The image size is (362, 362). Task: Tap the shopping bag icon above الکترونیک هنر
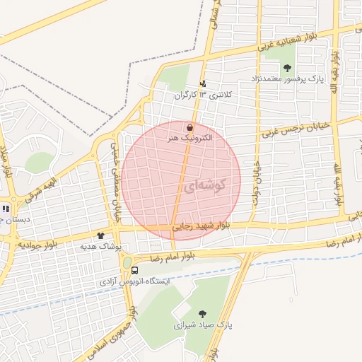pyautogui.click(x=189, y=127)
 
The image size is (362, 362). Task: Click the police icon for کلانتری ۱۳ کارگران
pyautogui.click(x=203, y=84)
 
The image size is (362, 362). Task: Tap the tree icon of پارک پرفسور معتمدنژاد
pyautogui.click(x=287, y=68)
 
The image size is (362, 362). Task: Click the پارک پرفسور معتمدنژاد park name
pyautogui.click(x=287, y=78)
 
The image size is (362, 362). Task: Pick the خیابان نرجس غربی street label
pyautogui.click(x=296, y=127)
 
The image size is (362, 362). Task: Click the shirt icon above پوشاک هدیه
pyautogui.click(x=100, y=235)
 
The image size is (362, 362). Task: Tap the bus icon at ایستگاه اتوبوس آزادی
pyautogui.click(x=134, y=269)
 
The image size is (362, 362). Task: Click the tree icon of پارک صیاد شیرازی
pyautogui.click(x=202, y=314)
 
